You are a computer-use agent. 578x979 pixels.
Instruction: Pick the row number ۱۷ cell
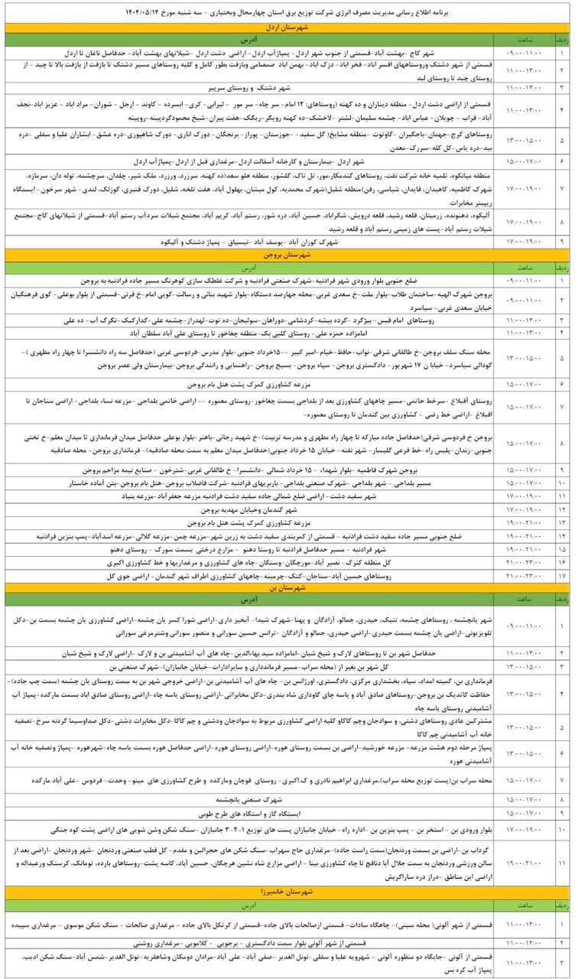[563, 574]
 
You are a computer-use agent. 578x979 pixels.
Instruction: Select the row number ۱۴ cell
[563, 538]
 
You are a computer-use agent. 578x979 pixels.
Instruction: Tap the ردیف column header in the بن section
[563, 600]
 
